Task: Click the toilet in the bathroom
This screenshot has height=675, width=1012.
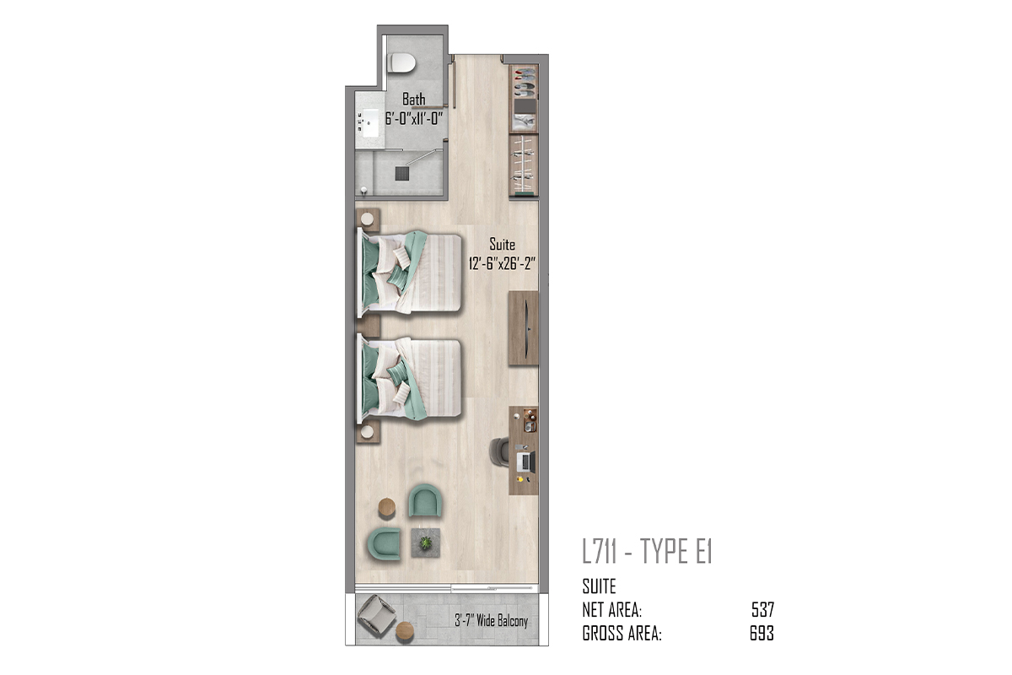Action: pos(401,62)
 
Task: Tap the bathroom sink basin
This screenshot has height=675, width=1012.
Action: pos(371,122)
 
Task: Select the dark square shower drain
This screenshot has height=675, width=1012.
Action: pos(402,174)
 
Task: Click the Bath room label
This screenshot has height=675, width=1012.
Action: pos(414,99)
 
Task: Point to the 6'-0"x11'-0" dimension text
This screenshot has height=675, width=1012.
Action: pos(414,118)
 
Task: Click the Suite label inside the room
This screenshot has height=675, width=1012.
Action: pos(503,245)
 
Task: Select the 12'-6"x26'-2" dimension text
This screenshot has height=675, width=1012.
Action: pos(502,263)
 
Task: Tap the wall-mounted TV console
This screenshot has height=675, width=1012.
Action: pos(523,328)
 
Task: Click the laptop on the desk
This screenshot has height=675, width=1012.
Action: pos(525,462)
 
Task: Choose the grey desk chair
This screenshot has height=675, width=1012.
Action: pos(499,451)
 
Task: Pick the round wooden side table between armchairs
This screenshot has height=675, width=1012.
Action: pos(387,507)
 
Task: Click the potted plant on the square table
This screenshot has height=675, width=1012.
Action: pos(426,543)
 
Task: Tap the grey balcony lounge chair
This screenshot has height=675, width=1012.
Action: pos(376,616)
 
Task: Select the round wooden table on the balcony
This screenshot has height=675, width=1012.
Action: pos(405,631)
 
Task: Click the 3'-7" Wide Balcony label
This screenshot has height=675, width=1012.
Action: pos(491,620)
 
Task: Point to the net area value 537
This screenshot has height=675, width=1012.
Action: pos(763,610)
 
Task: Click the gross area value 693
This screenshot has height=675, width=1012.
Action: pos(762,634)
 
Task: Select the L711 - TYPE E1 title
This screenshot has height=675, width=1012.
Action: pos(648,552)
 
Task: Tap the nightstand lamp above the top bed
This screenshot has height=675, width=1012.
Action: pos(368,219)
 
